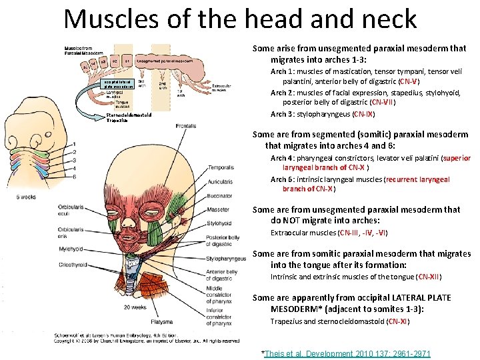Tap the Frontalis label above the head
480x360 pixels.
(x=187, y=125)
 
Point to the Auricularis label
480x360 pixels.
(x=221, y=181)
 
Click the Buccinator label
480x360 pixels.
(x=221, y=197)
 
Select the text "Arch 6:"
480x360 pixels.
(x=281, y=179)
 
